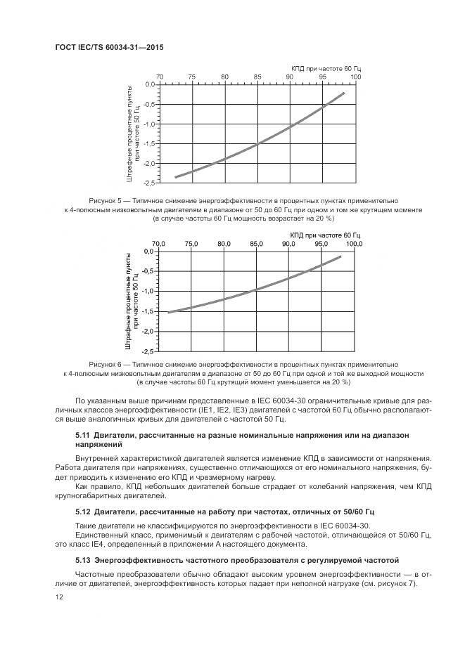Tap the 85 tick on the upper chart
tap(257, 77)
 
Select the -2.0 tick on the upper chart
tap(148, 163)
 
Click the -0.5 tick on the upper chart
tap(148, 104)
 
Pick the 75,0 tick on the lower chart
tap(191, 244)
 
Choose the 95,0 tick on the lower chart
tap(321, 244)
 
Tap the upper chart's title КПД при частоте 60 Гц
tap(326, 67)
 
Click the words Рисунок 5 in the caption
tap(106, 200)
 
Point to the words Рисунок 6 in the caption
tap(106, 365)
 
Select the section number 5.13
tap(83, 560)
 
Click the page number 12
tap(59, 597)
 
